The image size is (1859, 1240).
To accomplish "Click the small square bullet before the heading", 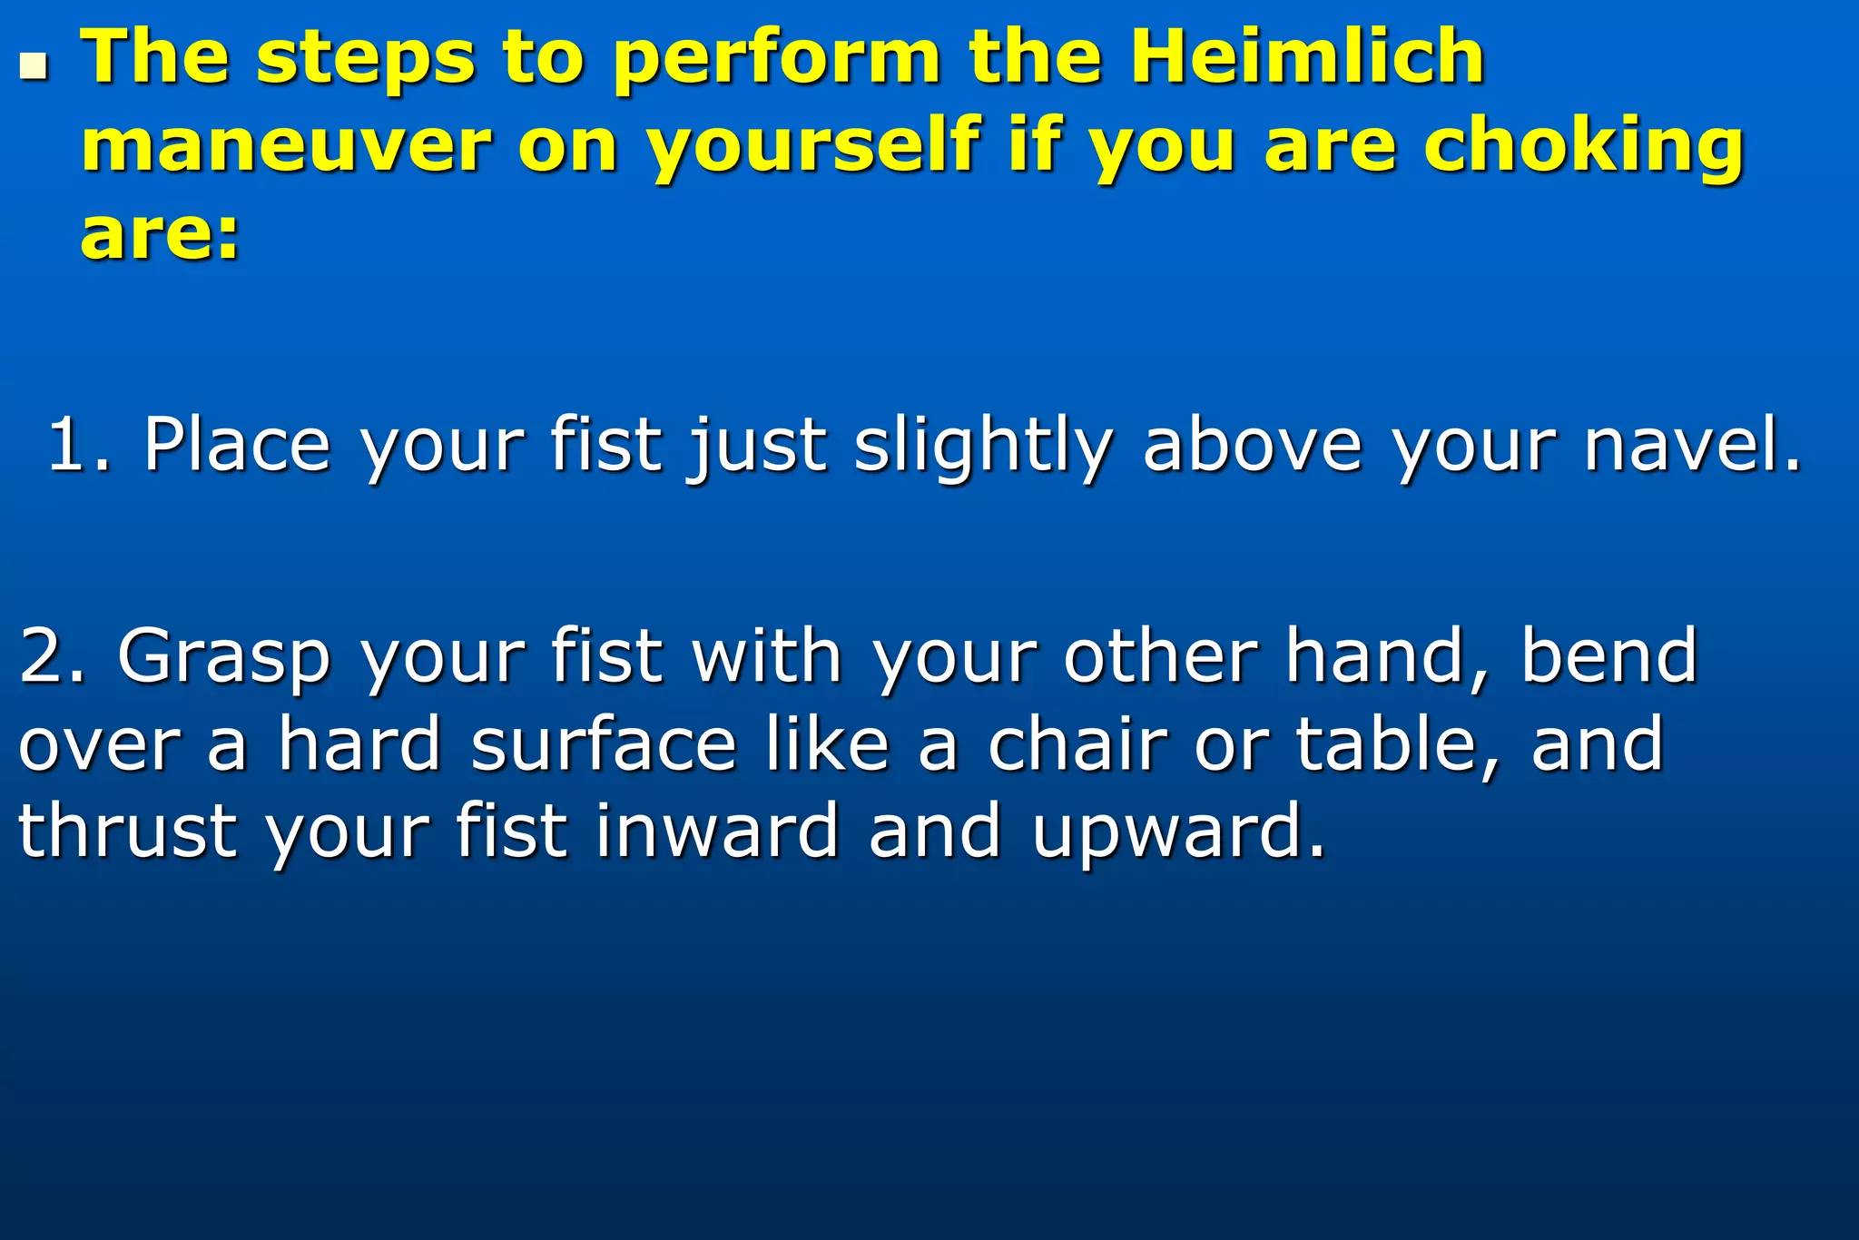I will pyautogui.click(x=34, y=65).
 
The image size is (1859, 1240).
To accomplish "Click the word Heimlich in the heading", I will pyautogui.click(x=1307, y=56).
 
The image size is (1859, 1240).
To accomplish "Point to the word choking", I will pyautogui.click(x=1583, y=147).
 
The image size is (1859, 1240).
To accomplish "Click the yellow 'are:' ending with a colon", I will pyautogui.click(x=160, y=233).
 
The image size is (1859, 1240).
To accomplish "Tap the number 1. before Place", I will pyautogui.click(x=78, y=445).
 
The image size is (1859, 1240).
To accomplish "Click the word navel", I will pyautogui.click(x=1692, y=445).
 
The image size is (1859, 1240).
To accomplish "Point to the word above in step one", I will pyautogui.click(x=1253, y=445).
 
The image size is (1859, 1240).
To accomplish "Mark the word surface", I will pyautogui.click(x=604, y=743).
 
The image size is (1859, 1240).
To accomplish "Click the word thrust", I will pyautogui.click(x=127, y=832).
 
